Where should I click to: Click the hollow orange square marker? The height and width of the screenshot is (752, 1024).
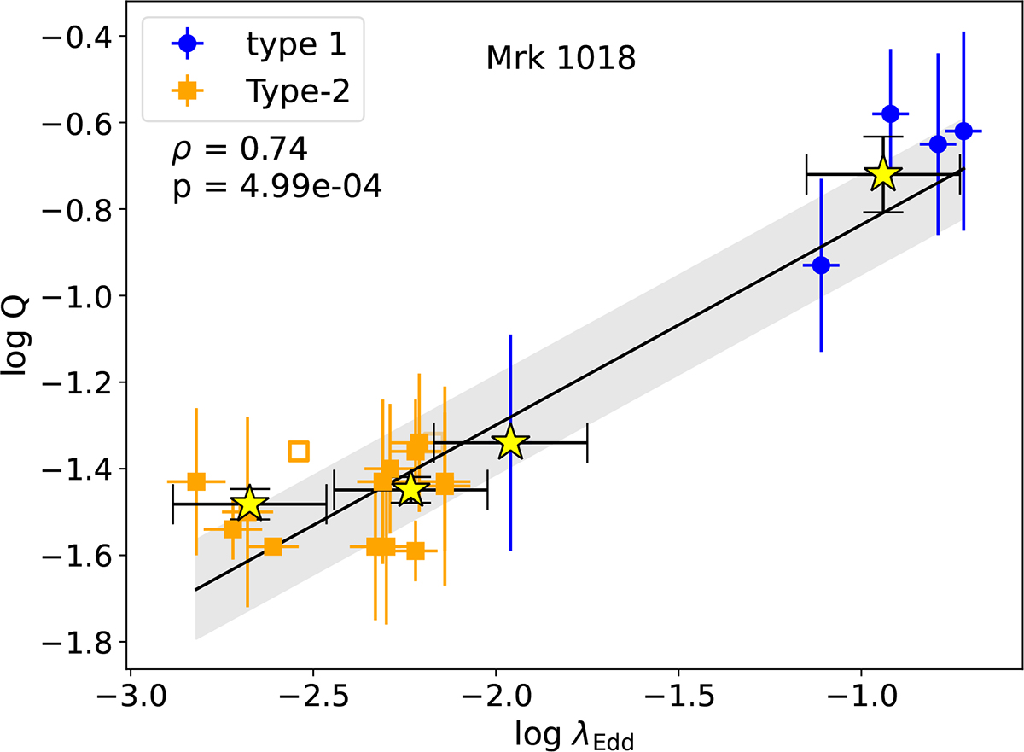click(x=299, y=451)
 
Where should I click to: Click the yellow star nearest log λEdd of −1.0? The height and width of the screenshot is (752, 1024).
click(x=883, y=175)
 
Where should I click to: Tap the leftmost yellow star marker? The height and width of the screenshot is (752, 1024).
click(x=249, y=504)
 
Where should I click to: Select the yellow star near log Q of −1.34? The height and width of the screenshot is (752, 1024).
click(x=510, y=442)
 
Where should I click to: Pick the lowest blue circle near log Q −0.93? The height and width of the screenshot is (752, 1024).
click(x=821, y=265)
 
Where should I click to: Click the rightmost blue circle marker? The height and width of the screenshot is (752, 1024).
click(x=963, y=131)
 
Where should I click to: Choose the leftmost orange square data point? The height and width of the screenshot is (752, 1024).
click(x=196, y=481)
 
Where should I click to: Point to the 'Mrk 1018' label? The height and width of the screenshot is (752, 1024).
click(x=561, y=60)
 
